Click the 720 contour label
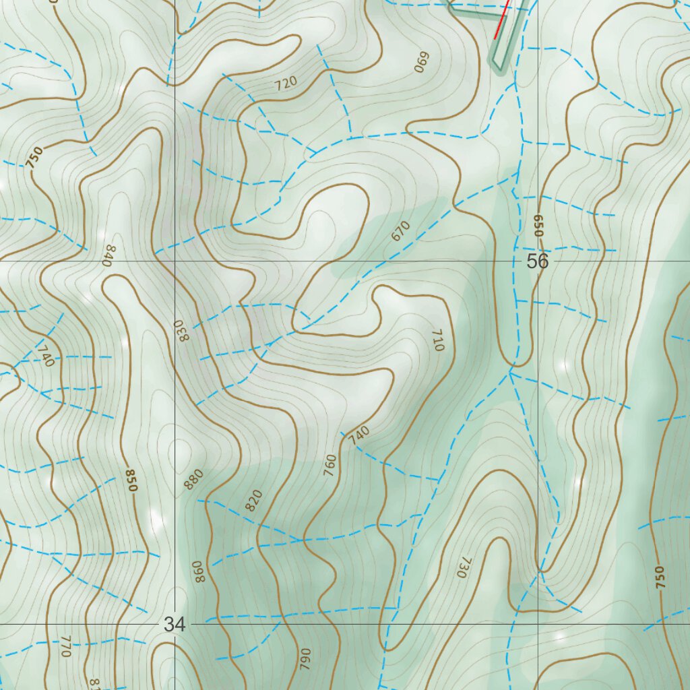pos(286,84)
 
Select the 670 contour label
pos(400,232)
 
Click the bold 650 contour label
pos(538,225)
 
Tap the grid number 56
pos(538,261)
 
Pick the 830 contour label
pos(183,330)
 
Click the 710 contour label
pos(437,340)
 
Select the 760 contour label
pos(330,464)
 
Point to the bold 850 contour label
pos(131,480)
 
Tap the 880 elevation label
pos(193,478)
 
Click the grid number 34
pos(174,625)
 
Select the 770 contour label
pos(65,646)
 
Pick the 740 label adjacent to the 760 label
pos(359,435)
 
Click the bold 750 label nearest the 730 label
pos(659,577)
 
